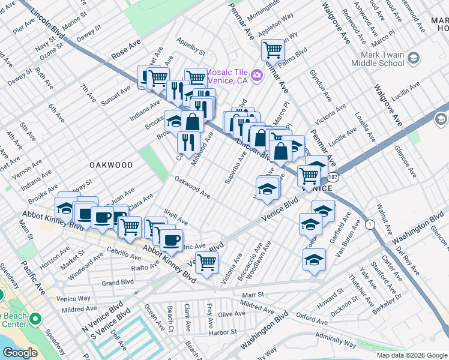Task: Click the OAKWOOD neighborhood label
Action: pos(111,164)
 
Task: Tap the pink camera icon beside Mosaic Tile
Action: pos(257,74)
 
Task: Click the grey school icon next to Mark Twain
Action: pos(413,58)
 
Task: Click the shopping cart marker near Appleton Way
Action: pos(273,50)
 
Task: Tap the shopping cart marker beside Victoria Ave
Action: pos(206,262)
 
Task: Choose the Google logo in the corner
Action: pos(20,353)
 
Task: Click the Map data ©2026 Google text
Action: pos(411,355)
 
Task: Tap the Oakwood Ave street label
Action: pos(192,187)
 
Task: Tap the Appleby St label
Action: pos(190,47)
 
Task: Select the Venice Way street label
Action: pos(73,298)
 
